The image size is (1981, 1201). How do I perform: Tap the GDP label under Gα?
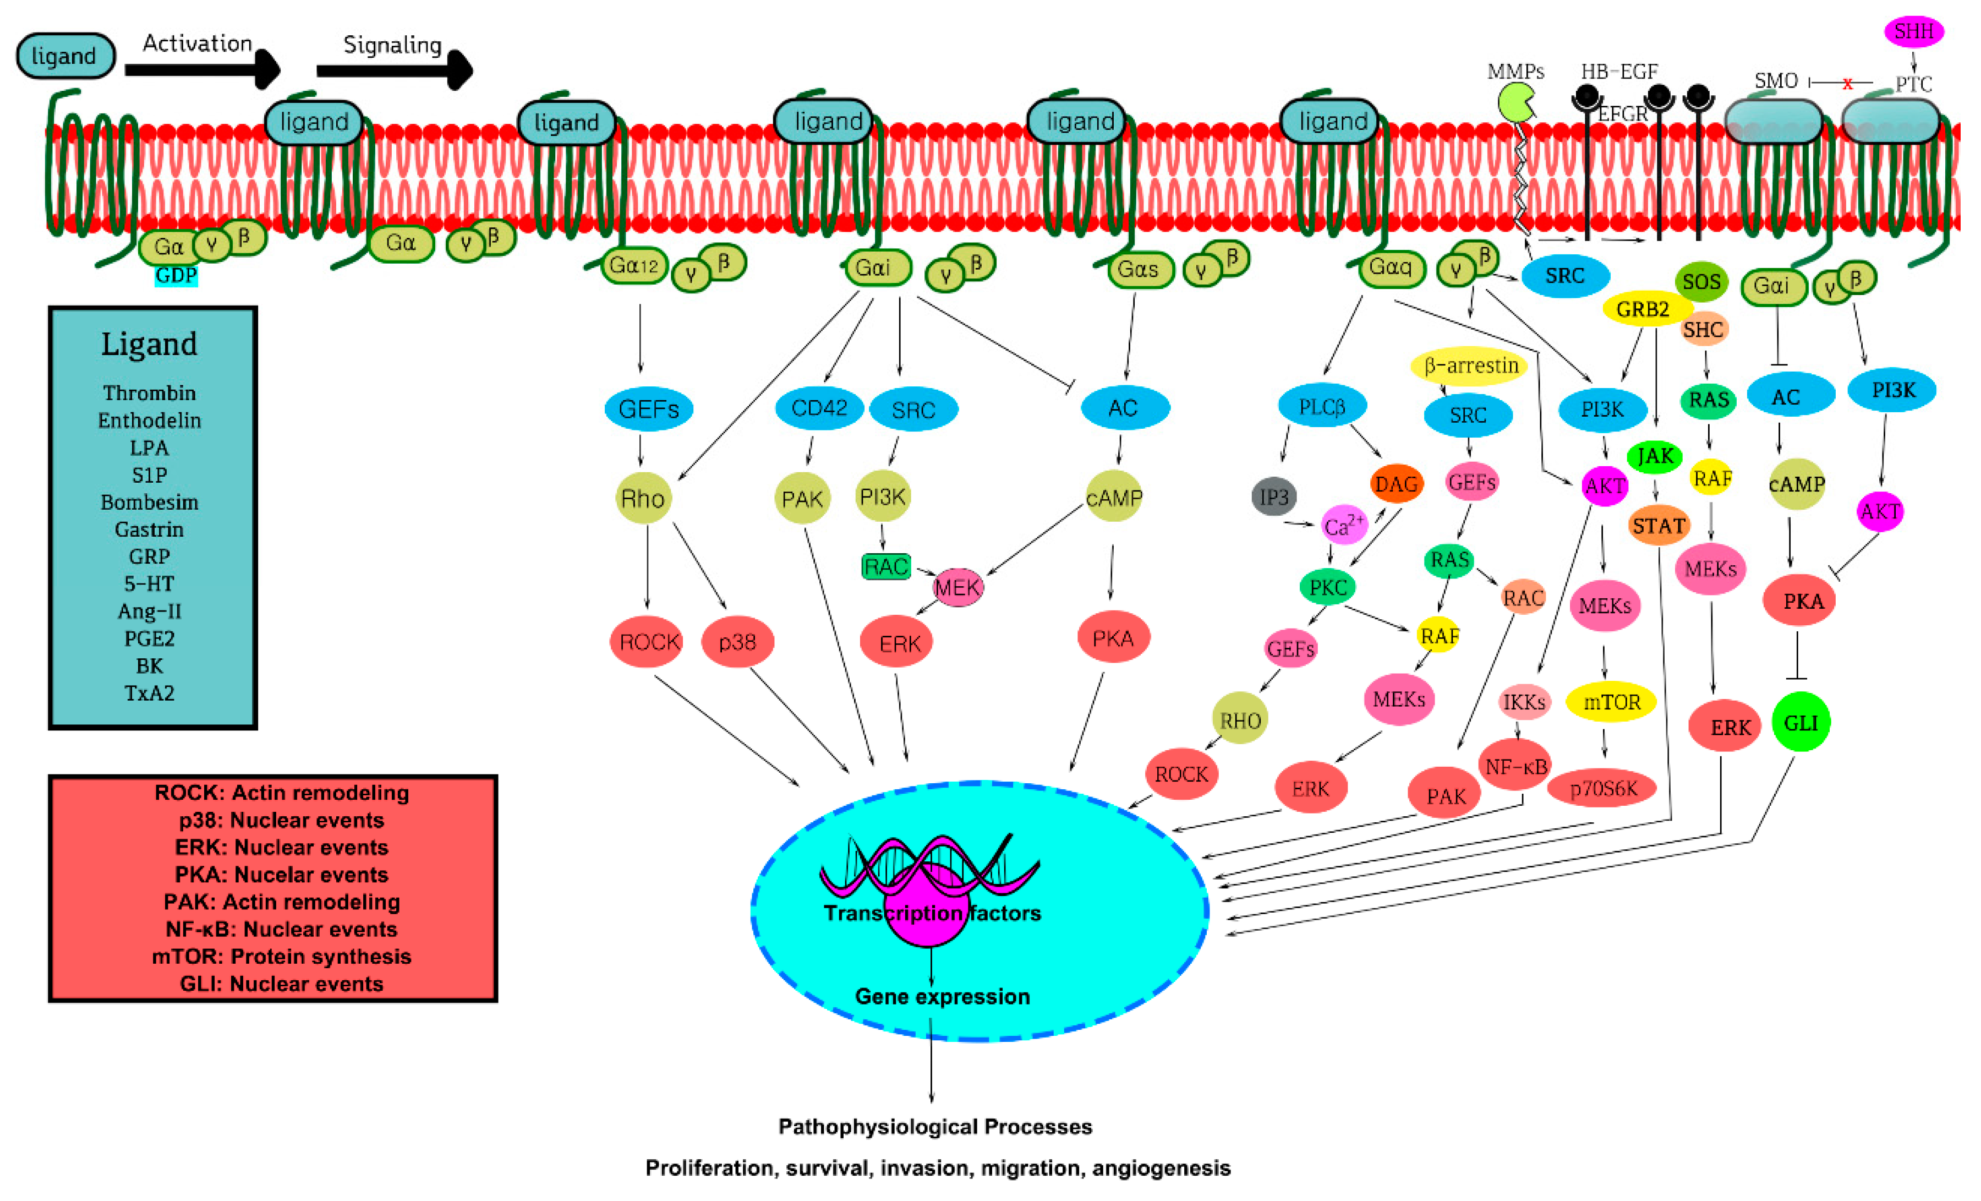(176, 276)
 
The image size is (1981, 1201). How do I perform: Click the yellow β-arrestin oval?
(1470, 366)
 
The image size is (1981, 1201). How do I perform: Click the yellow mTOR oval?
(1611, 702)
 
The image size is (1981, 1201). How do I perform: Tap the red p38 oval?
(737, 642)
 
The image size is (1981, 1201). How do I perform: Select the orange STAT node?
(1658, 526)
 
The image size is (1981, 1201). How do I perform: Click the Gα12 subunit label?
(633, 265)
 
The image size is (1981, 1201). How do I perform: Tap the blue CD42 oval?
(818, 408)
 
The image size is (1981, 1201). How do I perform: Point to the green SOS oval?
(1701, 282)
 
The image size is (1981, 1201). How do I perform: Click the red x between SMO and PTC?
(1847, 84)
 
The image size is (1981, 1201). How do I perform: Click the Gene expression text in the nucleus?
(942, 997)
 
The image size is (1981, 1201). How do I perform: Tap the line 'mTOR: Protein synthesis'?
(281, 957)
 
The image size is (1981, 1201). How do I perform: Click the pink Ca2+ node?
(1343, 526)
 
